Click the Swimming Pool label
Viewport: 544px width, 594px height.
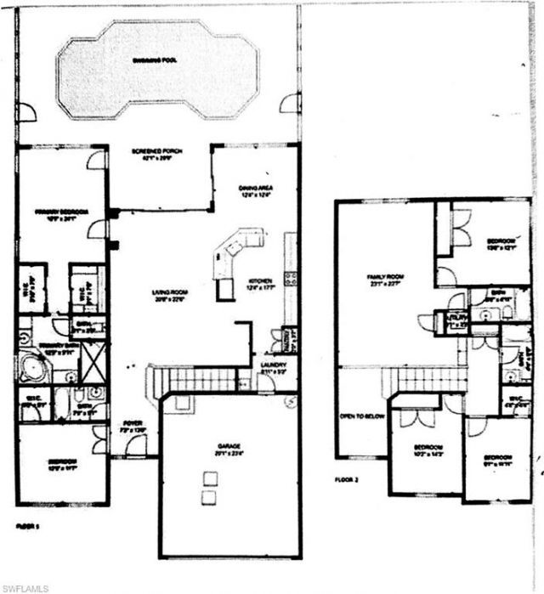click(152, 61)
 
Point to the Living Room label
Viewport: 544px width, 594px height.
click(168, 292)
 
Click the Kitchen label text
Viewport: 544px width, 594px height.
click(260, 280)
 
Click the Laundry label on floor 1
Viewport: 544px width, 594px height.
click(273, 367)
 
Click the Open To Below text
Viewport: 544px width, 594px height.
click(358, 416)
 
